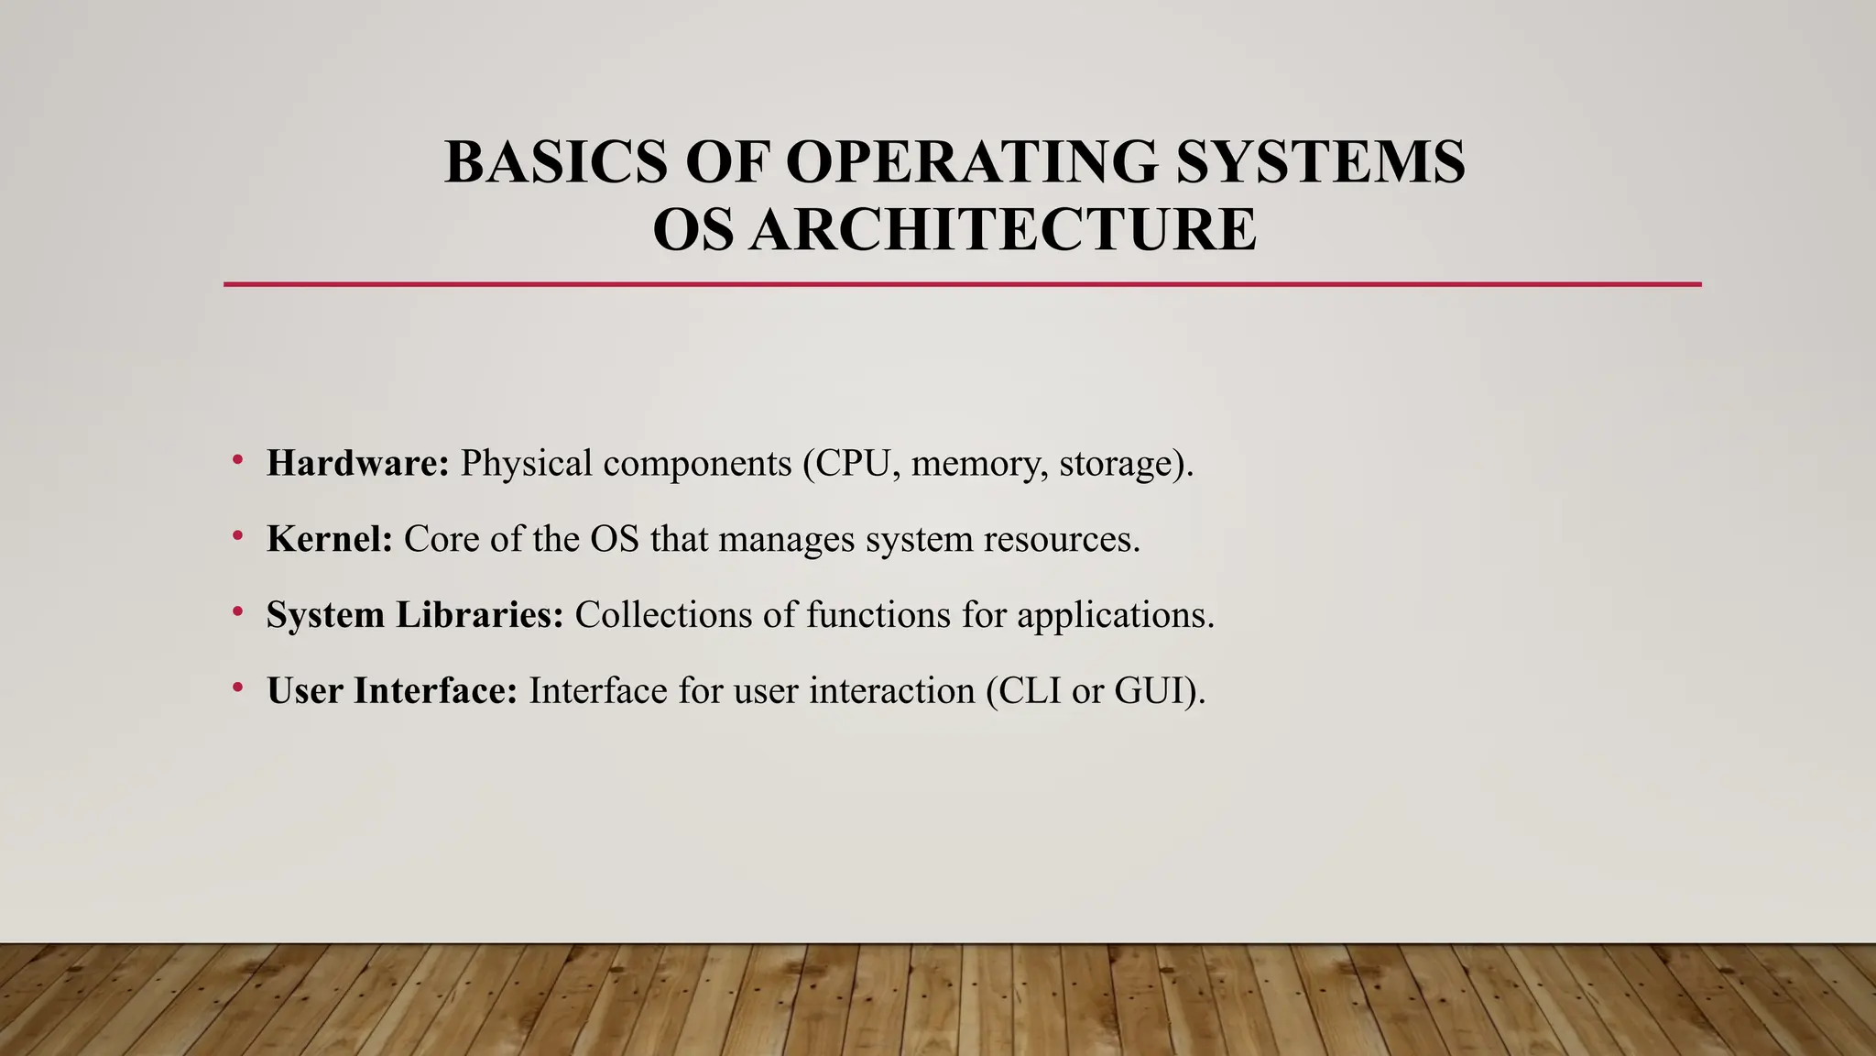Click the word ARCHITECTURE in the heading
coord(1003,229)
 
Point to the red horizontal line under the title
coord(962,285)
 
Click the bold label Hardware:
coord(357,463)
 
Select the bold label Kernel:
coord(330,539)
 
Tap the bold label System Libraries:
coord(415,614)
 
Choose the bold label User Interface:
coord(392,690)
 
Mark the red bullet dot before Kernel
coord(237,534)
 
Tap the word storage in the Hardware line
coord(1116,464)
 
